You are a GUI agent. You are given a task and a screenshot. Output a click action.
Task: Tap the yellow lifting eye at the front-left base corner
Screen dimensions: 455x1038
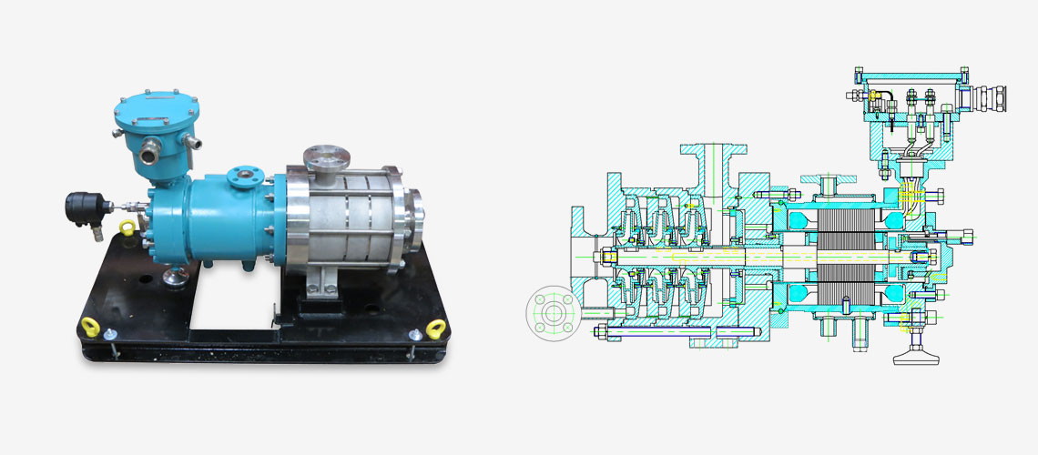[x=90, y=325]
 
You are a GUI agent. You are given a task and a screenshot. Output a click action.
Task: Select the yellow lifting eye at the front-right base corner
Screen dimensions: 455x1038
[x=435, y=329]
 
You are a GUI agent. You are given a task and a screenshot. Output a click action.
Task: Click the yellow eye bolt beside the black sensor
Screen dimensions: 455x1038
[x=128, y=227]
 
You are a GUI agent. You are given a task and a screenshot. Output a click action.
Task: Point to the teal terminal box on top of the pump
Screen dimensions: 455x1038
[x=155, y=131]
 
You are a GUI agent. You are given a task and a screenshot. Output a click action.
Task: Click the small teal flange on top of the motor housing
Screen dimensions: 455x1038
[x=243, y=174]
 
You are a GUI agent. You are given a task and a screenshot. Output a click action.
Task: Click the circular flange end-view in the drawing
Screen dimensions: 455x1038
[x=552, y=313]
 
